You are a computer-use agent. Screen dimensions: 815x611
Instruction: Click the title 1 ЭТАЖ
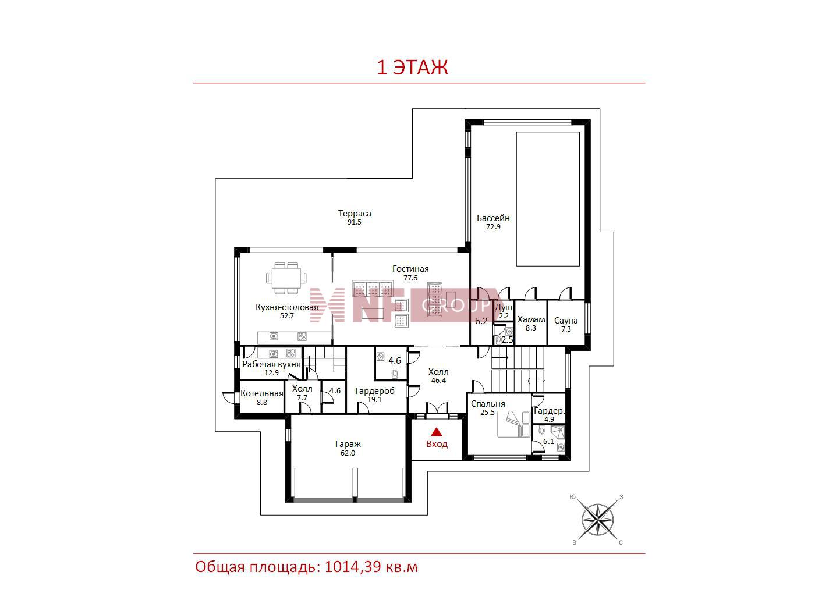click(412, 68)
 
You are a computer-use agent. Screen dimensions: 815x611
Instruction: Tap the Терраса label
click(355, 214)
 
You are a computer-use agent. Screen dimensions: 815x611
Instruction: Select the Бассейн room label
click(493, 218)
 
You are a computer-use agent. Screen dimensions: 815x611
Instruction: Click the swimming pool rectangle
click(548, 199)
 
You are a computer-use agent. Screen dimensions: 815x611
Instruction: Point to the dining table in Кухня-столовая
click(286, 278)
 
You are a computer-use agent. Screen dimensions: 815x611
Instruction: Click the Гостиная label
click(410, 269)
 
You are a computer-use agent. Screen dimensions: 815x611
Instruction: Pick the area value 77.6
click(410, 278)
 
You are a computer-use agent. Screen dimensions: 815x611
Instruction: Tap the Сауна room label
click(566, 321)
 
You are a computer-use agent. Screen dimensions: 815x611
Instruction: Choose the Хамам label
click(531, 319)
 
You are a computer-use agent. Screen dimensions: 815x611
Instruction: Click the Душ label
click(504, 308)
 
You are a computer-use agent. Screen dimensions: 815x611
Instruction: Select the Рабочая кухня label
click(271, 364)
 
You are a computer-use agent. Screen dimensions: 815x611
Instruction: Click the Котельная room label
click(262, 393)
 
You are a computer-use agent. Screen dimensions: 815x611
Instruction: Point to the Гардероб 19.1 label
click(375, 395)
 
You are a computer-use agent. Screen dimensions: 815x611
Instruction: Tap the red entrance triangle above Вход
click(436, 432)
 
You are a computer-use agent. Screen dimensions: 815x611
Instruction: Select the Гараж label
click(348, 443)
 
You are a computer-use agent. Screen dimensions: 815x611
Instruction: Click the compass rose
click(597, 520)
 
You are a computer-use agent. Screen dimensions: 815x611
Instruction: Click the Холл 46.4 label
click(438, 375)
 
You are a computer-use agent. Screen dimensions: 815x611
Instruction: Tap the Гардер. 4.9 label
click(549, 415)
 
